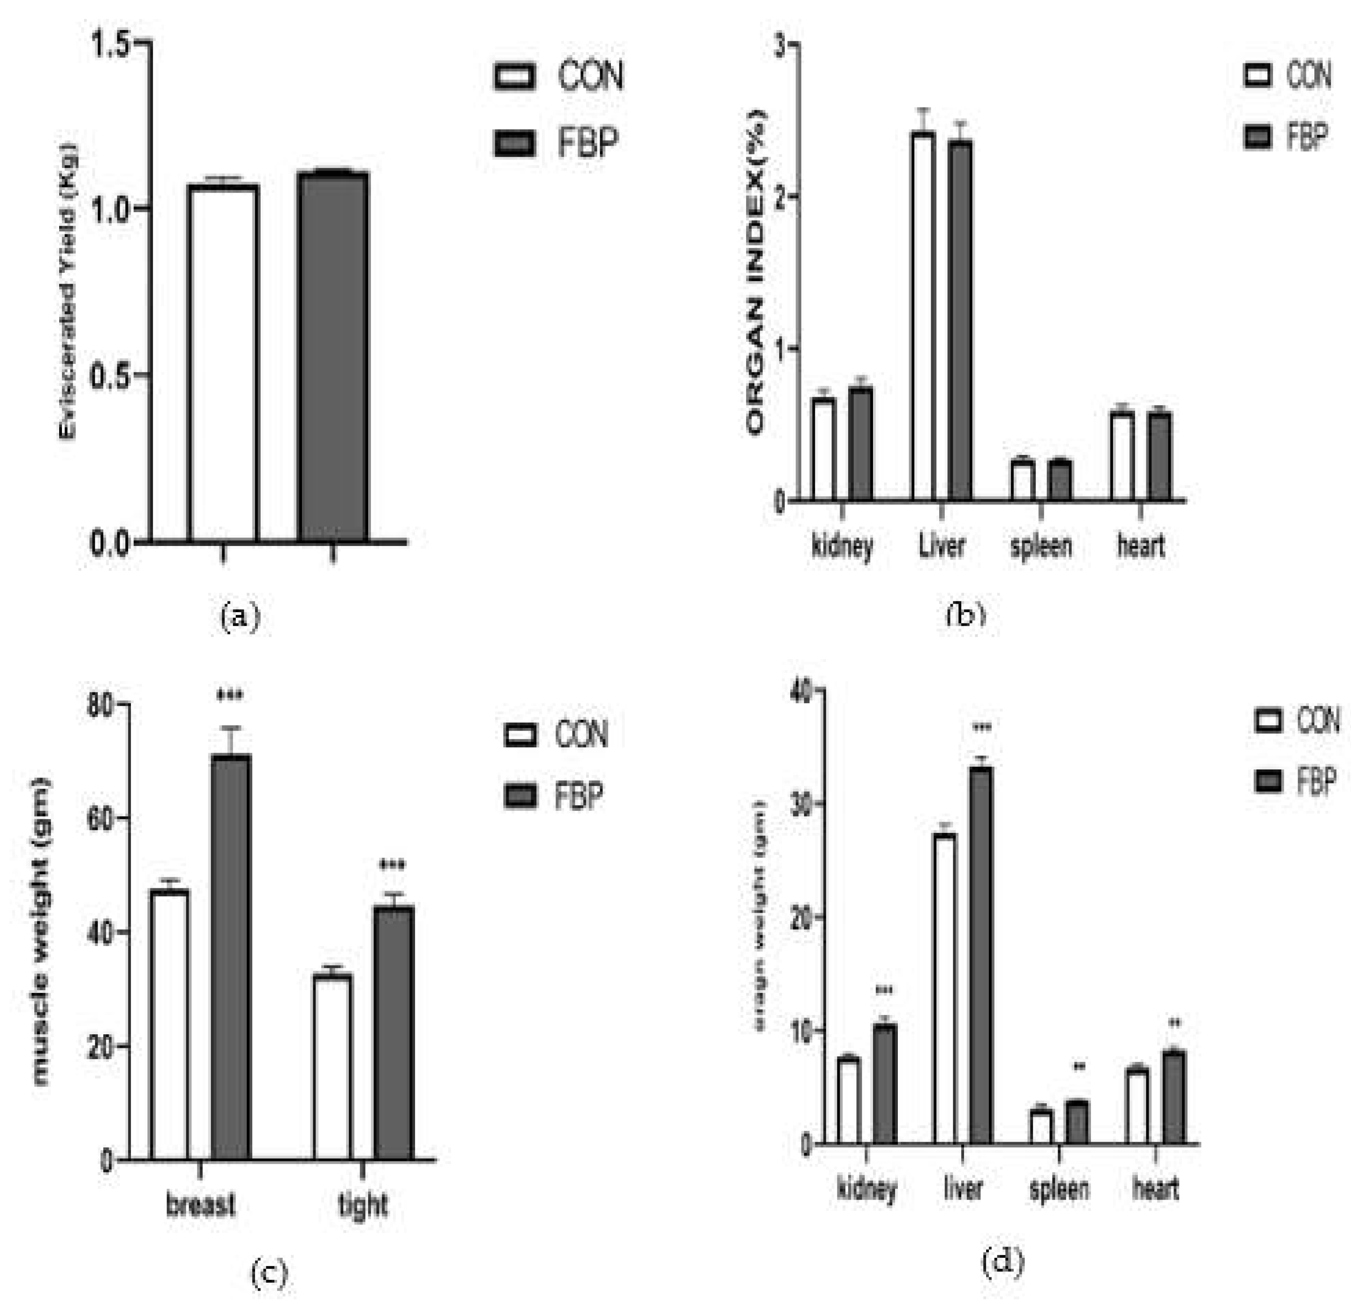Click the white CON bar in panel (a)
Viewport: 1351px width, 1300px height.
coord(223,363)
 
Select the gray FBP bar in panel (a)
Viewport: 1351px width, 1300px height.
coord(333,356)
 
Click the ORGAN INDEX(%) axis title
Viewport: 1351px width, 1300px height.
coord(756,272)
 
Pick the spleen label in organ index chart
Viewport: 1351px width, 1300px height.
coord(1041,546)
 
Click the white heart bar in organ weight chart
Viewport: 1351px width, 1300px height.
coord(1136,1106)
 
